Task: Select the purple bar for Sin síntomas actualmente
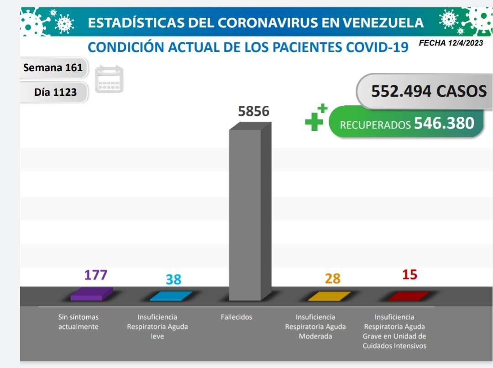(x=91, y=294)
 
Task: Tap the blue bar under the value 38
(x=171, y=296)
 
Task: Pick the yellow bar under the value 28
(x=330, y=296)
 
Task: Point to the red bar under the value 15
(x=409, y=296)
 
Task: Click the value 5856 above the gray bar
(x=254, y=111)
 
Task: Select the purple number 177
(x=95, y=275)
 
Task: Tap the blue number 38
(x=173, y=279)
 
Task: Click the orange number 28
(x=333, y=278)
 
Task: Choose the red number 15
(x=410, y=275)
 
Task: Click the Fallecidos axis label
(x=236, y=317)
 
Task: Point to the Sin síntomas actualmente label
(x=79, y=321)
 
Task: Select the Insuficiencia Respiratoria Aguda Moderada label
(x=315, y=327)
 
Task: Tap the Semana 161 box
(x=53, y=67)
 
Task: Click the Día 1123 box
(x=55, y=92)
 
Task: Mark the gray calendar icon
(x=109, y=79)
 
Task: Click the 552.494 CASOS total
(x=428, y=91)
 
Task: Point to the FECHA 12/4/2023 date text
(x=451, y=43)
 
